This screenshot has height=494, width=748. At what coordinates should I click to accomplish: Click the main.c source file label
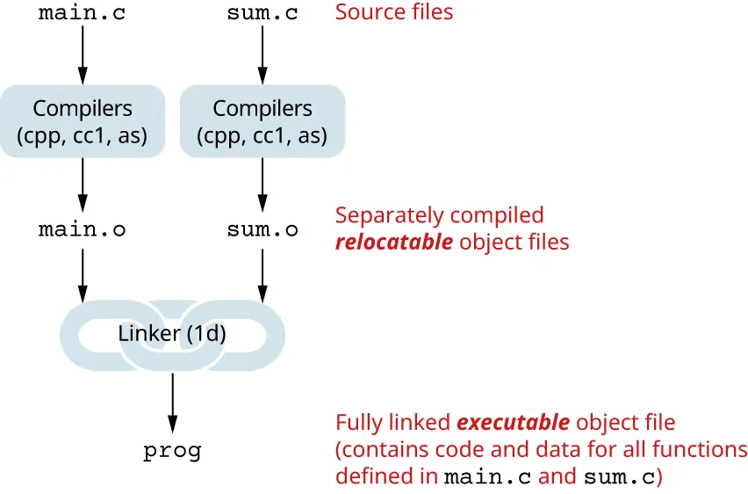click(x=83, y=13)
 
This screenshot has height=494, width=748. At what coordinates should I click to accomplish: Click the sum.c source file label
click(x=262, y=13)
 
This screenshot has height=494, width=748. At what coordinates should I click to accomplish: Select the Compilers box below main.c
click(x=83, y=121)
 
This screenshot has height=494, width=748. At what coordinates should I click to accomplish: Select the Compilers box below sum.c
click(x=262, y=121)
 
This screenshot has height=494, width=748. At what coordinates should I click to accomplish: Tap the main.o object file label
click(x=83, y=230)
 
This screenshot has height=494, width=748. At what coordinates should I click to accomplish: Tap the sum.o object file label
click(x=262, y=230)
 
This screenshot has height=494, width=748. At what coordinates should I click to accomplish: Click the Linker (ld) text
click(x=172, y=334)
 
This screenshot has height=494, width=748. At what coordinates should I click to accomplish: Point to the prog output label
click(x=172, y=452)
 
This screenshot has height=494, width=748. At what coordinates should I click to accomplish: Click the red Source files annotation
click(x=394, y=12)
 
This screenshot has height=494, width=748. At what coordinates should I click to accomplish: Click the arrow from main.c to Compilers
click(x=83, y=53)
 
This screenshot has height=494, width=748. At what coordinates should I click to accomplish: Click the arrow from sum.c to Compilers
click(x=262, y=53)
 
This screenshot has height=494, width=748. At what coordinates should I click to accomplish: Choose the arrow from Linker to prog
click(x=172, y=400)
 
